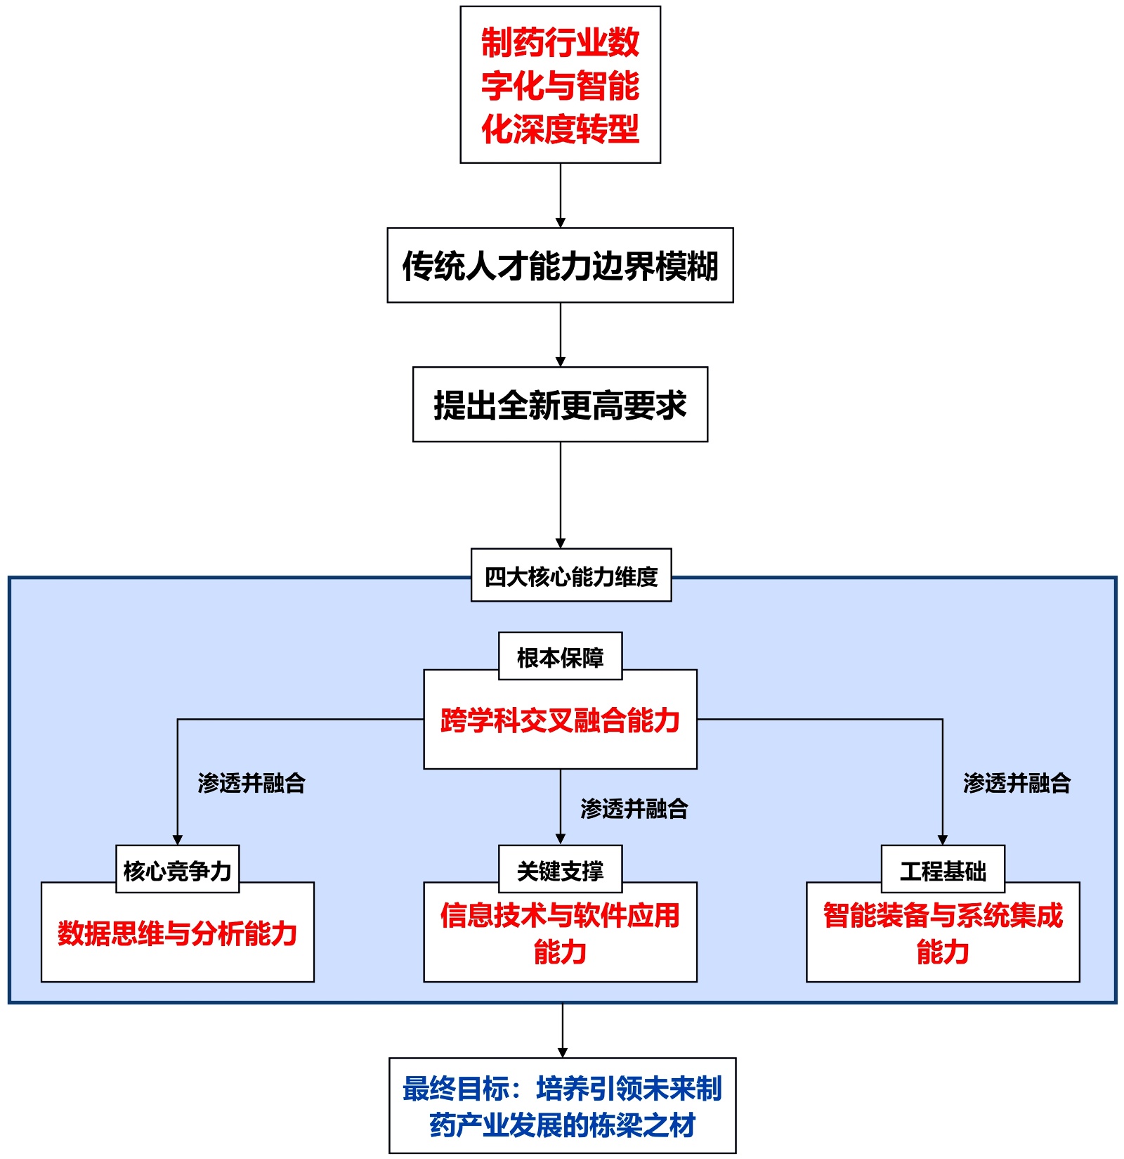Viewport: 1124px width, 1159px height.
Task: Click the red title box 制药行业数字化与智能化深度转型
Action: [x=560, y=85]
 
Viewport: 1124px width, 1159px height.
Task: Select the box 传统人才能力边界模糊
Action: [x=560, y=266]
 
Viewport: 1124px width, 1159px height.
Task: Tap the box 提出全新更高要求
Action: [x=560, y=405]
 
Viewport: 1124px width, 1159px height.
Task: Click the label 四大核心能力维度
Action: [x=571, y=576]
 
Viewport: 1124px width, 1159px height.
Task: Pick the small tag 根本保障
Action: [x=560, y=657]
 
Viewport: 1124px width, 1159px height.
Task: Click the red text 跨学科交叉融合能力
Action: [x=560, y=721]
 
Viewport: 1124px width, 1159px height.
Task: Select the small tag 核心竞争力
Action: [x=177, y=870]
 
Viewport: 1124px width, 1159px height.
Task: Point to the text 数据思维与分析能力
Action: [x=177, y=934]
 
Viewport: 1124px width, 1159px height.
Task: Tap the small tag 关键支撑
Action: [x=560, y=870]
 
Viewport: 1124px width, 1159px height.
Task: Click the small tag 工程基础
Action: [x=943, y=870]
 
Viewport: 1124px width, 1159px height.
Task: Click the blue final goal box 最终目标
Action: [x=562, y=1106]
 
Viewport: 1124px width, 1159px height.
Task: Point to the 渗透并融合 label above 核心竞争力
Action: [x=251, y=783]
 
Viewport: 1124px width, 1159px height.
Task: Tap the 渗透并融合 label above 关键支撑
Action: [x=634, y=809]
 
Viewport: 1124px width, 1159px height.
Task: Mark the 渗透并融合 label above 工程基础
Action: [x=1017, y=783]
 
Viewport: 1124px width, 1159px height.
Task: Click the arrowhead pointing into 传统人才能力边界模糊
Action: [x=560, y=223]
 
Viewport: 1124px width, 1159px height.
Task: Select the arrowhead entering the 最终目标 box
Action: [x=562, y=1052]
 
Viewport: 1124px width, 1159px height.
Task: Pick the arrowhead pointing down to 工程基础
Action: [x=943, y=840]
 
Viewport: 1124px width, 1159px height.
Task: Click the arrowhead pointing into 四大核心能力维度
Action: [x=560, y=543]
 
